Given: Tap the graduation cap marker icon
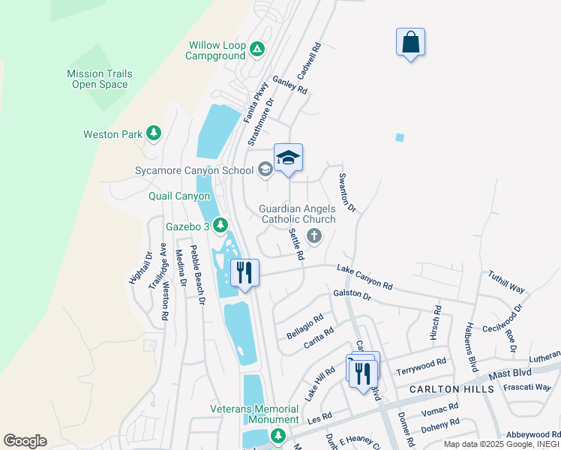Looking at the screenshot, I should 288,157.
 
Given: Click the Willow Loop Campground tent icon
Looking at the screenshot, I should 257,49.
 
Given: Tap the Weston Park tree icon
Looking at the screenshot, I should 154,133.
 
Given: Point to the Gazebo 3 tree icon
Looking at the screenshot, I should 220,224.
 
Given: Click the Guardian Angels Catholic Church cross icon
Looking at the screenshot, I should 313,236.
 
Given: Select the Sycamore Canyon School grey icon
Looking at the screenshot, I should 265,170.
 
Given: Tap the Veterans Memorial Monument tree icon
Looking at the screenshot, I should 278,436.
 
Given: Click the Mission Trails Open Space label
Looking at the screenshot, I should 100,79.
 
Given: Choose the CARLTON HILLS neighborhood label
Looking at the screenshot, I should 451,389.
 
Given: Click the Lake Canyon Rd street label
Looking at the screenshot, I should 364,277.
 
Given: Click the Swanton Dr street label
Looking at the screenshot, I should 346,192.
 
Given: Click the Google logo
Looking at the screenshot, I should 25,441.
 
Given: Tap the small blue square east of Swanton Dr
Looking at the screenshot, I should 400,137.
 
